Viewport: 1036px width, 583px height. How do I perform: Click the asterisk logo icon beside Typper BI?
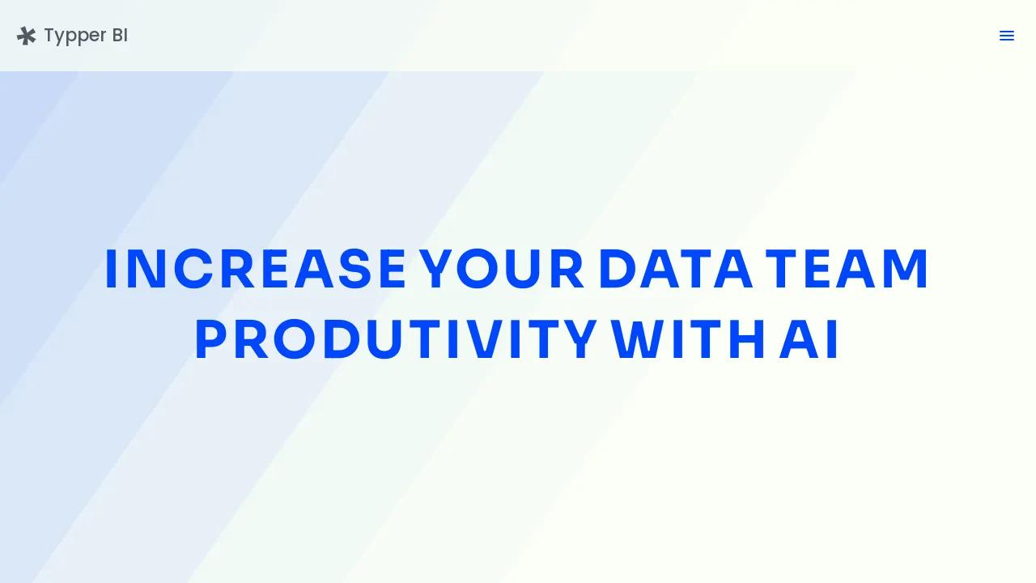click(27, 36)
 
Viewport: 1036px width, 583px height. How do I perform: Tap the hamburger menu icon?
click(1006, 36)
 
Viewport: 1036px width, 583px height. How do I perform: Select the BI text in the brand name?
click(120, 35)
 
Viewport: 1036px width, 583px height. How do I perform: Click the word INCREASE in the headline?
click(256, 269)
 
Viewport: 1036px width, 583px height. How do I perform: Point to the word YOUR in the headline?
click(501, 269)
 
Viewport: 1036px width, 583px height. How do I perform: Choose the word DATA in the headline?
click(676, 269)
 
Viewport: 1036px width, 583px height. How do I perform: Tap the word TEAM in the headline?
click(846, 269)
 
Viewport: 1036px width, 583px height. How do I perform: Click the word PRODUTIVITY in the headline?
click(396, 339)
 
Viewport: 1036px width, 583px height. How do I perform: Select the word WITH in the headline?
click(687, 339)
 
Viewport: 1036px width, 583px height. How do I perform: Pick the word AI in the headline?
click(809, 339)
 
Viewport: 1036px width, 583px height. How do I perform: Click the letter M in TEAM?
click(905, 269)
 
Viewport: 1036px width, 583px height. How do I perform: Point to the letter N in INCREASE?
click(146, 269)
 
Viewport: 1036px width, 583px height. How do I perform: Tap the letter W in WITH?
click(639, 339)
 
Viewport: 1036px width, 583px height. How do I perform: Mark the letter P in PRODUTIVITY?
click(211, 339)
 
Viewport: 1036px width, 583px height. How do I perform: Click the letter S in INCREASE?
click(355, 269)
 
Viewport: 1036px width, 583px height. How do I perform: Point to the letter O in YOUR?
click(477, 269)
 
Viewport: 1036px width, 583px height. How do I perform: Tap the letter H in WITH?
click(746, 339)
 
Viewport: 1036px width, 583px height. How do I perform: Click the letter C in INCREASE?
click(193, 269)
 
